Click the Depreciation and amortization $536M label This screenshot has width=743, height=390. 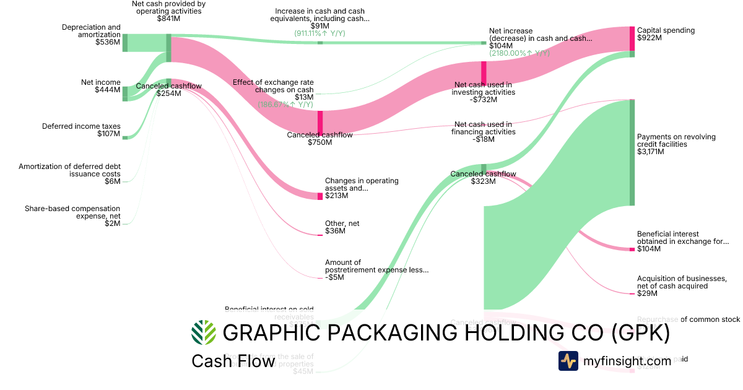(x=91, y=35)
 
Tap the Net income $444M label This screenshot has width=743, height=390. (x=100, y=86)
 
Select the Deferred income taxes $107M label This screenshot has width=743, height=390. (x=81, y=130)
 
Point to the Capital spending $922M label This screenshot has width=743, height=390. (x=666, y=34)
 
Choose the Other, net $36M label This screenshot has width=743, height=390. (x=342, y=227)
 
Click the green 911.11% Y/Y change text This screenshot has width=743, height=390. (x=321, y=34)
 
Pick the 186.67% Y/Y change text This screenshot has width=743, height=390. (x=285, y=105)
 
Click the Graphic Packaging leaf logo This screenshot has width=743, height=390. (x=204, y=332)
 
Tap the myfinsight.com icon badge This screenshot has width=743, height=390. (x=568, y=361)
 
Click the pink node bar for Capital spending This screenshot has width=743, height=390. (x=632, y=38)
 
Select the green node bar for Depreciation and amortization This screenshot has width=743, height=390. (x=124, y=43)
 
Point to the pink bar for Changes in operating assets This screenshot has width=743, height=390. (x=320, y=196)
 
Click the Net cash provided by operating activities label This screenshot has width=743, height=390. (x=168, y=11)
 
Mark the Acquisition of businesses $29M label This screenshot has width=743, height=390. (x=681, y=285)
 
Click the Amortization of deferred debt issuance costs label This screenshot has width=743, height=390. (x=69, y=173)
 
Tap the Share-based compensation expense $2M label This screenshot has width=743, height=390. (x=72, y=216)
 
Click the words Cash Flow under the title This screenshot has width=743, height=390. (x=233, y=361)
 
